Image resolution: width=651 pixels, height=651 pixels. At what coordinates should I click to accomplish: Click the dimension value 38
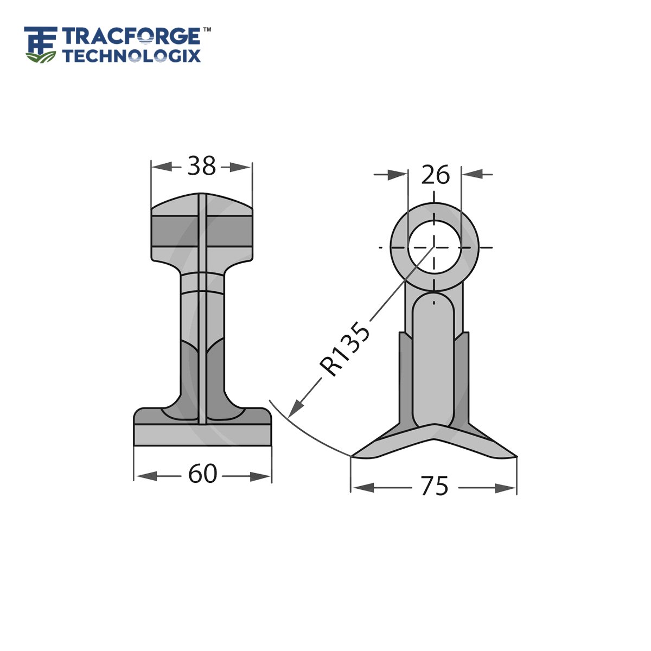pos(201,166)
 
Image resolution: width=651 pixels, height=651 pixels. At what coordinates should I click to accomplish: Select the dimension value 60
pos(202,474)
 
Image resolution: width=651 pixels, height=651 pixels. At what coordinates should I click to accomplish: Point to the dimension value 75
pos(435,486)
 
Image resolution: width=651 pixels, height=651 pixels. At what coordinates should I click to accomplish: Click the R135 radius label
pos(344,349)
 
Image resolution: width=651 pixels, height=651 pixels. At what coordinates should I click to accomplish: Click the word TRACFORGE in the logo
pos(131,37)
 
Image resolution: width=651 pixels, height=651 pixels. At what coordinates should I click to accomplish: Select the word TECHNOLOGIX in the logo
pos(131,56)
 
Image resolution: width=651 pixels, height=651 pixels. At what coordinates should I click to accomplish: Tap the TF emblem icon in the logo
pos(41,43)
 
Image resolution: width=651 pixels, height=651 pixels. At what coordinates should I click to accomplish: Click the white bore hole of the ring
pos(434,247)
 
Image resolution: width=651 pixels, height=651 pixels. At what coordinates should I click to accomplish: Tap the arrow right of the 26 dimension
pos(472,174)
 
